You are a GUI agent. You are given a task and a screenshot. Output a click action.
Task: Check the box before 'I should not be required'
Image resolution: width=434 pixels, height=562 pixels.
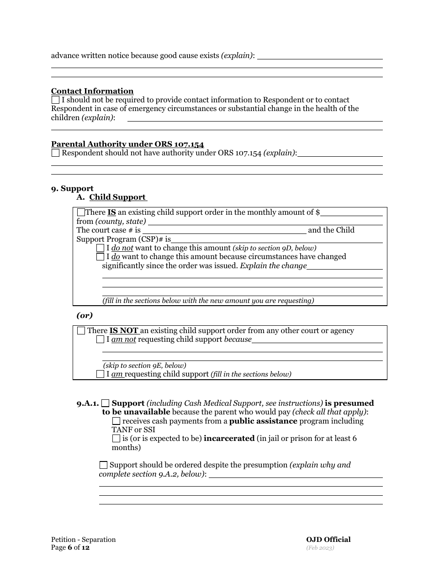tap(55, 100)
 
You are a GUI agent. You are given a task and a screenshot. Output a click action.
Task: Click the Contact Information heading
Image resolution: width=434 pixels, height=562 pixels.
tap(92, 91)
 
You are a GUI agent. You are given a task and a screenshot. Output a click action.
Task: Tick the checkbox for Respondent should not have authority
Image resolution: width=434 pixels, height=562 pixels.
tap(55, 153)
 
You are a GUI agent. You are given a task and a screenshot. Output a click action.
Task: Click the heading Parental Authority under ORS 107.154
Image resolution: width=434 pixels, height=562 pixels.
tap(127, 144)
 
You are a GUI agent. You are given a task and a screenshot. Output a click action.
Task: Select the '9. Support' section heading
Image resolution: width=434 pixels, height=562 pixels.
tap(72, 188)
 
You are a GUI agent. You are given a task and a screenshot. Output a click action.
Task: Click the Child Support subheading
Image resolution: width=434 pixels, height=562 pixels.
tap(117, 197)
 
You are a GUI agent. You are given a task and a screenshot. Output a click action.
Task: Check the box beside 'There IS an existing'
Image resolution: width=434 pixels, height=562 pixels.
tap(81, 212)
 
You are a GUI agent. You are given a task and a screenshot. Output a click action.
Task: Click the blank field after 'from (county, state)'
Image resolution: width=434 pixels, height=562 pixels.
tap(265, 222)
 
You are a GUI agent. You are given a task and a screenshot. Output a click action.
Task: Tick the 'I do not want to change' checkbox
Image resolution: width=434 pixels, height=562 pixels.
tap(101, 248)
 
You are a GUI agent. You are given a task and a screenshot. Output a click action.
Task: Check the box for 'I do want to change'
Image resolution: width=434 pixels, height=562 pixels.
tap(101, 257)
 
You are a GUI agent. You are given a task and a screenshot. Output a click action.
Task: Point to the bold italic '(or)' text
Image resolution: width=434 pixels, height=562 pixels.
tap(85, 315)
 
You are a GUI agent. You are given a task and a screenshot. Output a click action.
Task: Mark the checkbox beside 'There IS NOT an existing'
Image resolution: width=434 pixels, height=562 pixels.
tap(81, 330)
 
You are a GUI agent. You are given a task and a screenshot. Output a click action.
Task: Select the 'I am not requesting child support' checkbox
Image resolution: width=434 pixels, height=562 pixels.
tap(101, 339)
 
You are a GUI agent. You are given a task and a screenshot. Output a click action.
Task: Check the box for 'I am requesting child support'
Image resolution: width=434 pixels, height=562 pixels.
tap(101, 374)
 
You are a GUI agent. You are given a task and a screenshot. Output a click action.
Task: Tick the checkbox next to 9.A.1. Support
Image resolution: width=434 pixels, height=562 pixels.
tap(106, 403)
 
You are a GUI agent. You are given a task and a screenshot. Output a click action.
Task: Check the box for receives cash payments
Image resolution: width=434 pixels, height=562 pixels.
tap(116, 421)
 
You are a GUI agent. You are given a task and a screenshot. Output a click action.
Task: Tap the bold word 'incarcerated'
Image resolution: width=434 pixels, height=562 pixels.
tap(229, 438)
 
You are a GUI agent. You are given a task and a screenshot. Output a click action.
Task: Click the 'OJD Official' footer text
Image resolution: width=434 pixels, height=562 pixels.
tap(328, 540)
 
